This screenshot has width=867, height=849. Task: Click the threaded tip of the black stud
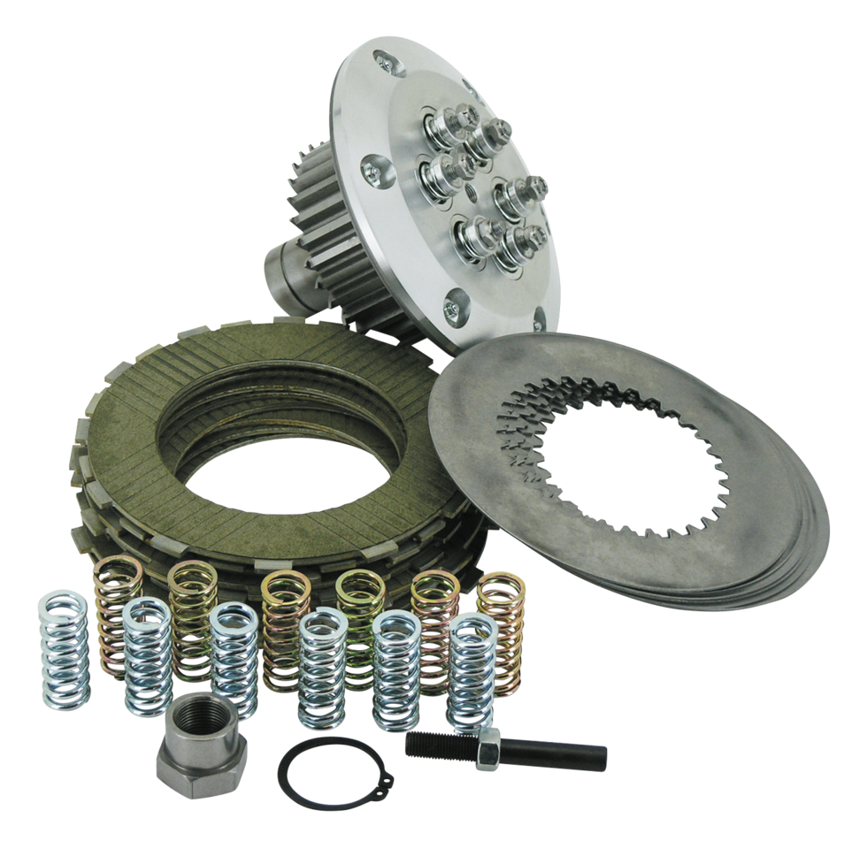433,746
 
